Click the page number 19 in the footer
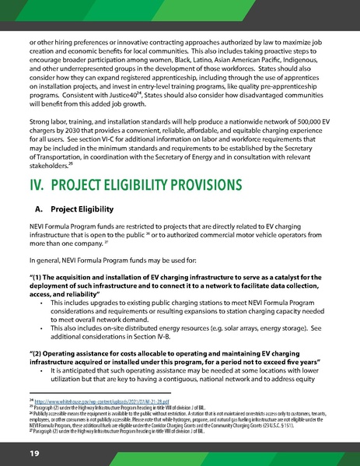35,452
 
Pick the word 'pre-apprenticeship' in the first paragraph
290,90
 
